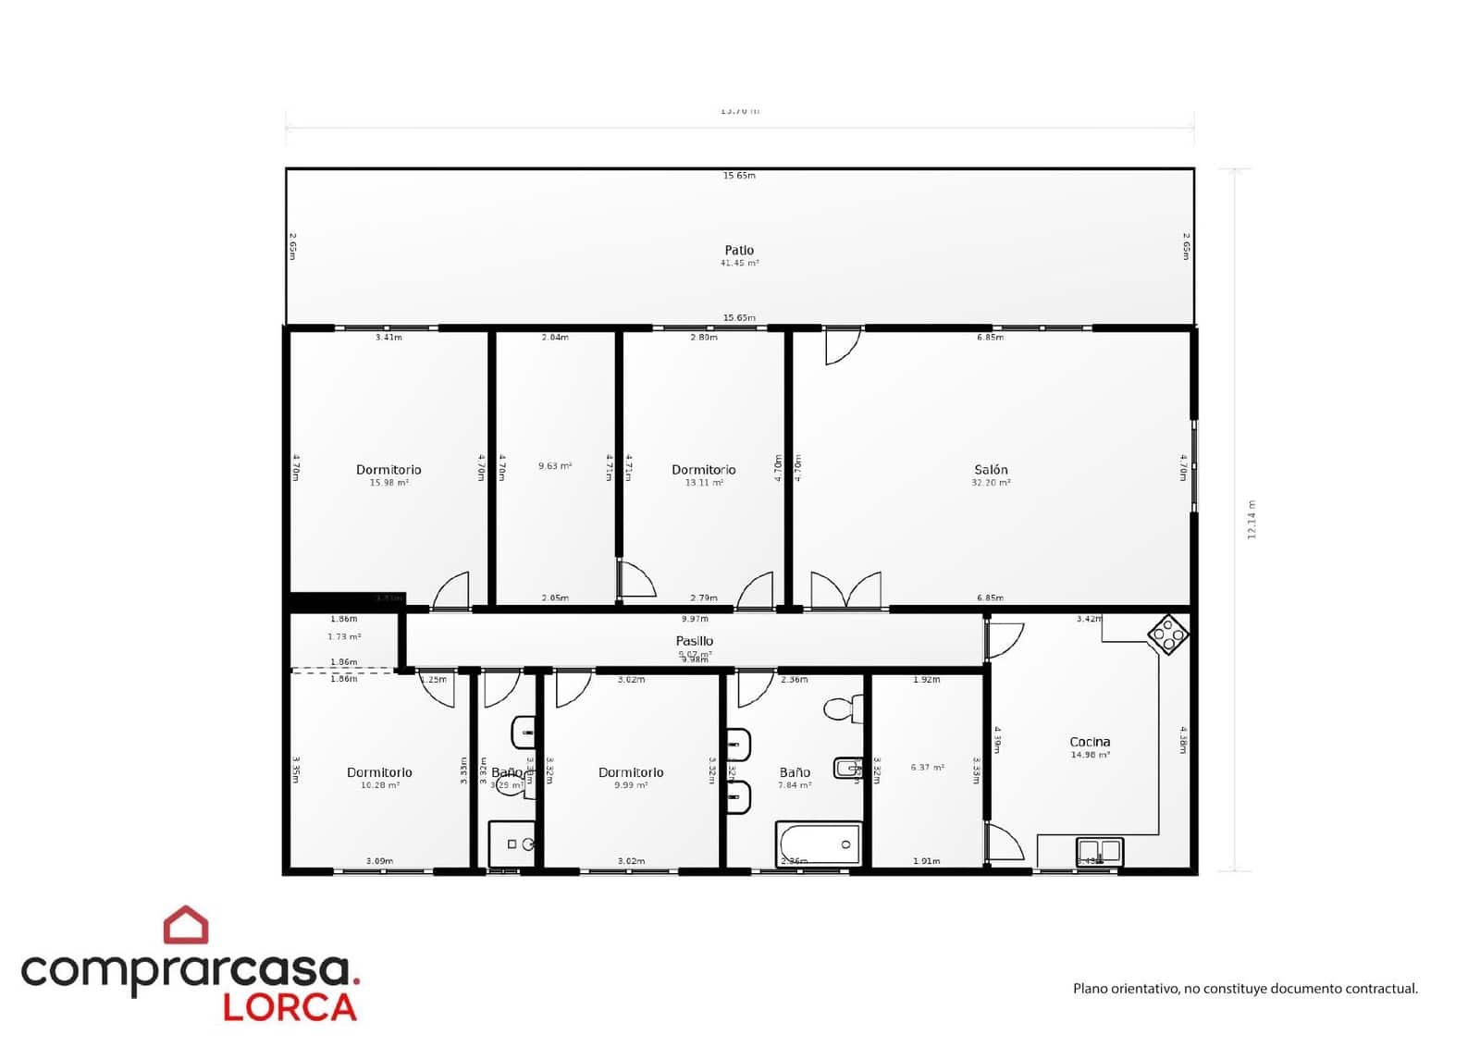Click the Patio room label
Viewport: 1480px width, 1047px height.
[x=739, y=250]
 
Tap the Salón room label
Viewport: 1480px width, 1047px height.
[x=991, y=470]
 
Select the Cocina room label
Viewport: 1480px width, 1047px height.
[x=1090, y=742]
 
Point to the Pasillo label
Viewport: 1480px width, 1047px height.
[x=694, y=641]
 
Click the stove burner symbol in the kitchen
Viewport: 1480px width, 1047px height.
[x=1167, y=634]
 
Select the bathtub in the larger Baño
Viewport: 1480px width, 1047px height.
[x=820, y=844]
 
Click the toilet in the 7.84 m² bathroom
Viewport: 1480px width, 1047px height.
[x=841, y=709]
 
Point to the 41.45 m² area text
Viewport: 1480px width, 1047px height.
[x=739, y=264]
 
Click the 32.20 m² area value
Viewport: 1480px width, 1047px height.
[x=991, y=483]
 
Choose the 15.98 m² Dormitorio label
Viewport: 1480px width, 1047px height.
[x=388, y=470]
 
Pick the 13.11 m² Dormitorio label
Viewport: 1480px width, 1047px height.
[x=704, y=470]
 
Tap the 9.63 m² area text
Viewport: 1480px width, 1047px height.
[x=555, y=466]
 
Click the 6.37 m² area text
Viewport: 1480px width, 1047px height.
[x=927, y=768]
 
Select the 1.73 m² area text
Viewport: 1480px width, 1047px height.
[x=344, y=637]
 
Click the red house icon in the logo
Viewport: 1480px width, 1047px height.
[x=186, y=925]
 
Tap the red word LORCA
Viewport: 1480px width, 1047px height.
[x=290, y=1007]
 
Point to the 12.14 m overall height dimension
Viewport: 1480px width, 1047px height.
[x=1252, y=520]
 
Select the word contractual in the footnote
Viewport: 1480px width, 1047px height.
[x=1378, y=989]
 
